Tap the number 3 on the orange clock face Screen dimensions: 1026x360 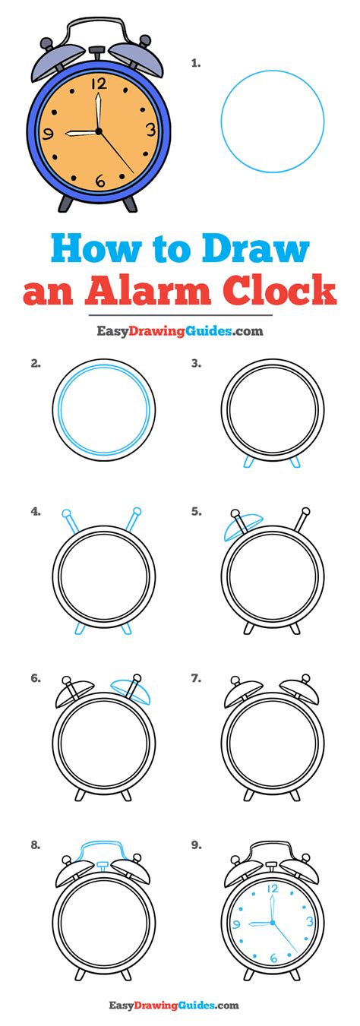point(150,129)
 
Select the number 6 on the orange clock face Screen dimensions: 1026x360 point(99,180)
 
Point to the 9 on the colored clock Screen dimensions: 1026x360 point(49,134)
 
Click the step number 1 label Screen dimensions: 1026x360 point(196,65)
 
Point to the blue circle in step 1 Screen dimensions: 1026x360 point(273,122)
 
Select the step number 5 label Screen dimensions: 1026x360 point(196,511)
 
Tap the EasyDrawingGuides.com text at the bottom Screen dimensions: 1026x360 point(180,1005)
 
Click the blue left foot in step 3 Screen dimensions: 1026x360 point(247,462)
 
